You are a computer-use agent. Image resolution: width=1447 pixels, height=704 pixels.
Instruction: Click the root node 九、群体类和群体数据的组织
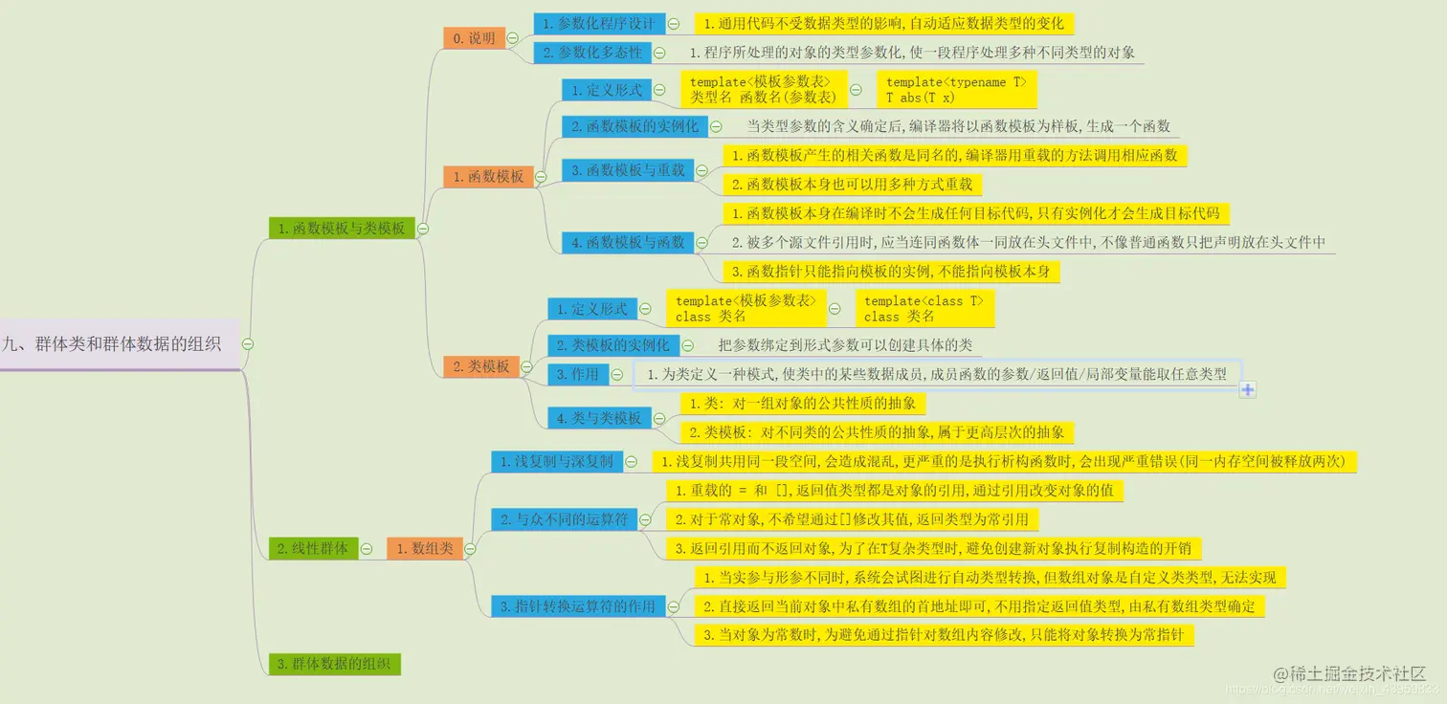[113, 344]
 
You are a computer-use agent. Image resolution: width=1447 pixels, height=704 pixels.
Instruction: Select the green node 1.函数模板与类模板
[342, 228]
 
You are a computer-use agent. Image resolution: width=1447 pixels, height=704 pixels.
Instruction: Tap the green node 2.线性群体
[312, 548]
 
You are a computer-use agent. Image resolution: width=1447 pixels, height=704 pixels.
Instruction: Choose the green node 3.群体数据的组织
[334, 664]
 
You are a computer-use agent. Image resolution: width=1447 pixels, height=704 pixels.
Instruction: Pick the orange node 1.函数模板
[488, 176]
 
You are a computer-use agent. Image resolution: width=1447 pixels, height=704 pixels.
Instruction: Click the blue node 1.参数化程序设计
[599, 23]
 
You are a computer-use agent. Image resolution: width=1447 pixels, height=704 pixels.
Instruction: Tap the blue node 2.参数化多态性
[592, 53]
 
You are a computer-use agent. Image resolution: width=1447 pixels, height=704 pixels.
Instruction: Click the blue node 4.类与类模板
[599, 418]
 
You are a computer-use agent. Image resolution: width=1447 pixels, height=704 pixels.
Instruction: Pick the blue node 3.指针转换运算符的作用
[578, 605]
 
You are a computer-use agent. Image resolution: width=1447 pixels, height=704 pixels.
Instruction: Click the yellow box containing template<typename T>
[956, 90]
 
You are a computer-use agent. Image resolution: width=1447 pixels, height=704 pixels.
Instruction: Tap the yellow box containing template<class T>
[923, 308]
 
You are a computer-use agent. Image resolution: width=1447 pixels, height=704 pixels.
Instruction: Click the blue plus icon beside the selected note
[1248, 388]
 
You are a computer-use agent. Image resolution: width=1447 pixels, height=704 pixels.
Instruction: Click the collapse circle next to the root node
[247, 344]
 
